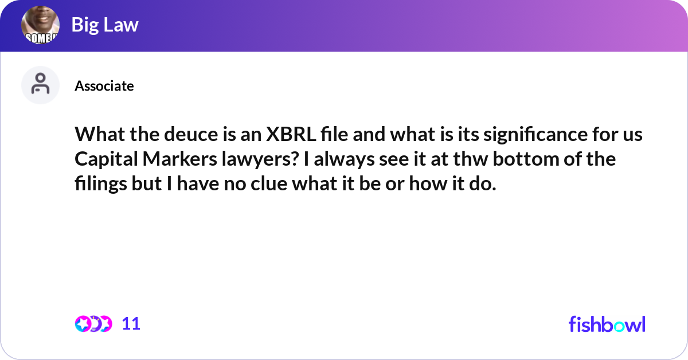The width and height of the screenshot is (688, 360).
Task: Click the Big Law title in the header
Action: click(x=105, y=25)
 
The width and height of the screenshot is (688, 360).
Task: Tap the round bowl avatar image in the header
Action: click(x=41, y=26)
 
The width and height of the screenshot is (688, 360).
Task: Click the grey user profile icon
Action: click(x=40, y=85)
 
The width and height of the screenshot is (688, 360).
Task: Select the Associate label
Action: click(x=104, y=86)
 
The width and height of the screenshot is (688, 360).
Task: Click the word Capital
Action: click(x=105, y=159)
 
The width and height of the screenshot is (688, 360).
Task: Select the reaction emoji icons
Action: click(x=93, y=324)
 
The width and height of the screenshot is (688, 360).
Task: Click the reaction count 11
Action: click(x=131, y=324)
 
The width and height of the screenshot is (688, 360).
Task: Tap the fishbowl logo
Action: click(x=607, y=324)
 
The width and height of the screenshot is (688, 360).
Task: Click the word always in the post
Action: click(x=340, y=159)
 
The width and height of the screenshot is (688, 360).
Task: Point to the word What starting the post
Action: click(x=97, y=135)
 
